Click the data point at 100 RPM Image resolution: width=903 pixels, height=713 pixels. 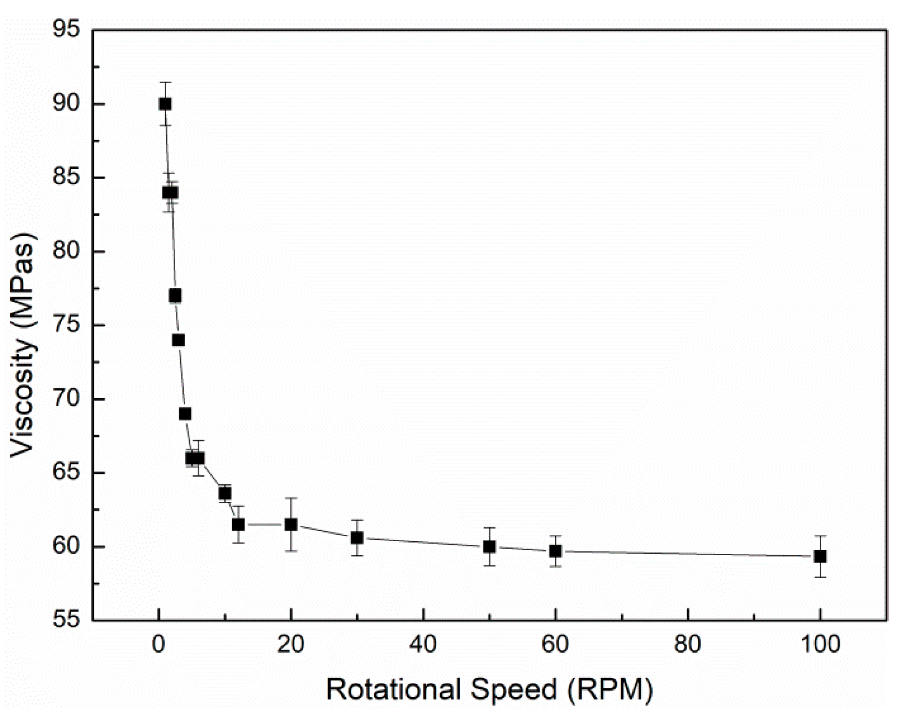pyautogui.click(x=820, y=556)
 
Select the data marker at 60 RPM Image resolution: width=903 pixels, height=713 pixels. pyautogui.click(x=555, y=551)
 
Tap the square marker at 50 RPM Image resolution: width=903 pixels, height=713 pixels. pyautogui.click(x=489, y=547)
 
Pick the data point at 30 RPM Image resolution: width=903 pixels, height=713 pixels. pyautogui.click(x=357, y=538)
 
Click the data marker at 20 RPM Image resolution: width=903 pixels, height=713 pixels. pyautogui.click(x=291, y=525)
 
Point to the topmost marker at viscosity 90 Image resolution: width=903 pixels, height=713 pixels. pyautogui.click(x=165, y=104)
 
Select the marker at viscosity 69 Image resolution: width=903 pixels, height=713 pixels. pyautogui.click(x=185, y=414)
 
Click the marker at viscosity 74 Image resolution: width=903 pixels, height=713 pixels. pyautogui.click(x=178, y=340)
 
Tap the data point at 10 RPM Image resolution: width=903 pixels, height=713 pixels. pyautogui.click(x=225, y=493)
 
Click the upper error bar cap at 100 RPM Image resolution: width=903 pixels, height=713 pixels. pyautogui.click(x=820, y=536)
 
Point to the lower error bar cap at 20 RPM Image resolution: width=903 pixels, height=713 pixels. pyautogui.click(x=291, y=551)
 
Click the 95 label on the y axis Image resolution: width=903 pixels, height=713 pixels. pyautogui.click(x=65, y=30)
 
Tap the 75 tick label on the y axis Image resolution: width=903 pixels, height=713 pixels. pyautogui.click(x=65, y=325)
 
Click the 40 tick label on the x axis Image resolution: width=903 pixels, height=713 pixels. pyautogui.click(x=423, y=645)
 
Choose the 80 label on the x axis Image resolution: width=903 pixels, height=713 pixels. pyautogui.click(x=687, y=645)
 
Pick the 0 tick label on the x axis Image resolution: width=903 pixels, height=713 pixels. pyautogui.click(x=159, y=645)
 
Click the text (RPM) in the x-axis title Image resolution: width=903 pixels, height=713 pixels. pyautogui.click(x=609, y=689)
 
